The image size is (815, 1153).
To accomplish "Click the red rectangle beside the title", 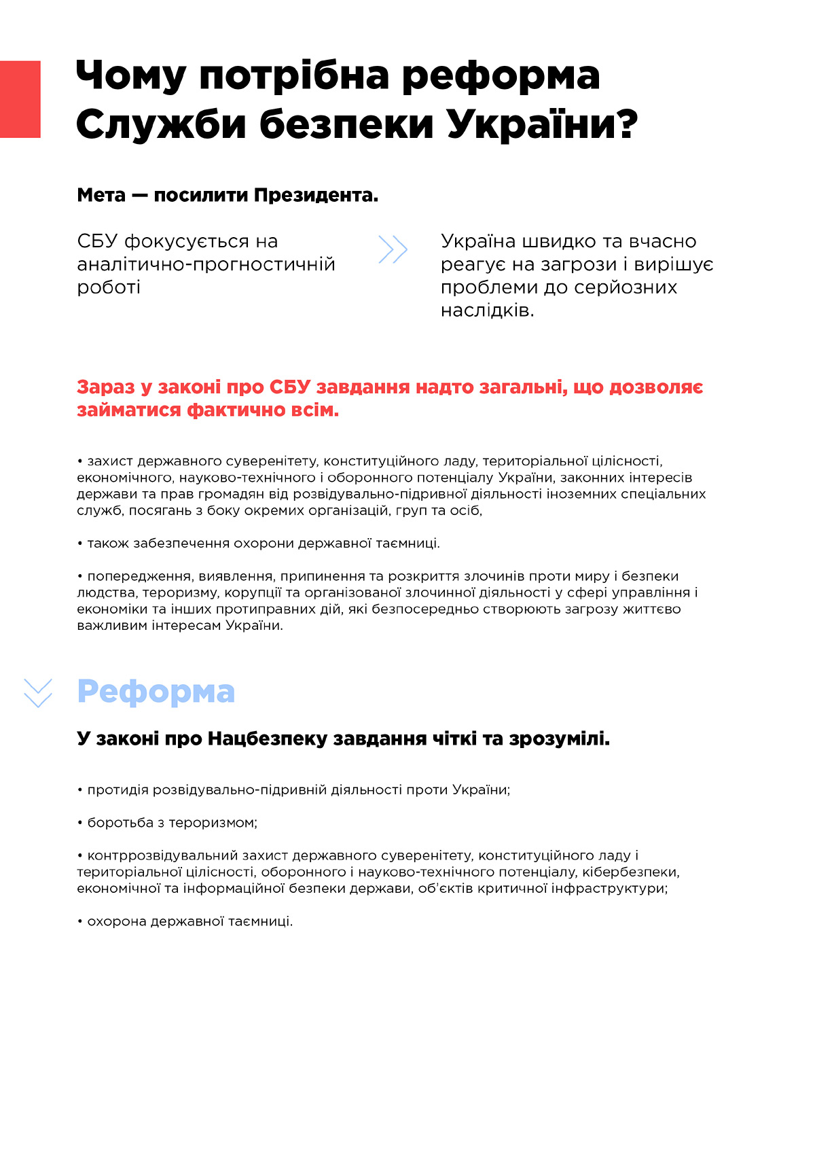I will click(x=20, y=99).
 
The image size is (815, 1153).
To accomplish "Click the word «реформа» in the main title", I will click(x=501, y=76).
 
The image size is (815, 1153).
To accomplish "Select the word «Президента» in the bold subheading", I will click(x=316, y=196).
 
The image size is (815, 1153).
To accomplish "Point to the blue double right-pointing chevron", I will click(x=393, y=249).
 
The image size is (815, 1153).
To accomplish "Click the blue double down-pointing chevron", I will click(x=38, y=692).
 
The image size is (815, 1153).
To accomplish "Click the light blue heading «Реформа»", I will click(x=156, y=692).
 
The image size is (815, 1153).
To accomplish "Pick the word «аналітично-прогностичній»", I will click(x=206, y=264).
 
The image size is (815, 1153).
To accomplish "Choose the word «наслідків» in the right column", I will click(x=487, y=311).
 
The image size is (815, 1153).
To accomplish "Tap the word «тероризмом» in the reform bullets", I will click(x=212, y=823).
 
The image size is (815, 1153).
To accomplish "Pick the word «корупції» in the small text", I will click(x=253, y=592).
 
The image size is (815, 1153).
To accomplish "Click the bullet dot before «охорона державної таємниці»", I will click(x=80, y=922).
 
